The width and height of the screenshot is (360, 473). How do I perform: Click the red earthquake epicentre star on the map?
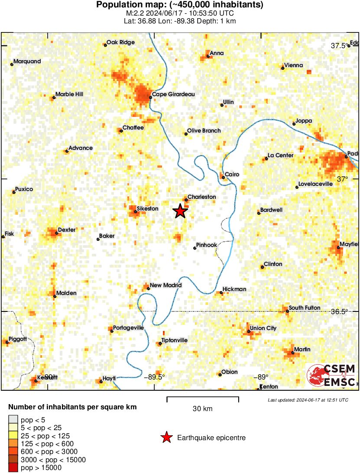point(180,211)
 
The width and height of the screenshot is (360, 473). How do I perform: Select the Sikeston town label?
point(147,209)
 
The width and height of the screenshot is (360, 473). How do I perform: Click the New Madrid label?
point(166,285)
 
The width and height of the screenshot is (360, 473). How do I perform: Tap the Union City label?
point(263,328)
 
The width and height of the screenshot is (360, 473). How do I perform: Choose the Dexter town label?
point(66,230)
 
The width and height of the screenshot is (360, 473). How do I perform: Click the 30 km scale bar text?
point(202,408)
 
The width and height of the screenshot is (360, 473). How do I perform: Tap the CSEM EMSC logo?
point(331,375)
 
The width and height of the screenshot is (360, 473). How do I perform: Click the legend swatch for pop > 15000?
point(13,467)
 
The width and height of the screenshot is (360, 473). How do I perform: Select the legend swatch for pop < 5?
point(13,419)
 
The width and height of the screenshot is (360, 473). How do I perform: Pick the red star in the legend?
point(166,438)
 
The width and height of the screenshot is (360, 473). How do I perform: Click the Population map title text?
point(179,5)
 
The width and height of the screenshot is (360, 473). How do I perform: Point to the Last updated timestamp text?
point(308,400)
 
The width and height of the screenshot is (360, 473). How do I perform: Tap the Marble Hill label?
point(69,94)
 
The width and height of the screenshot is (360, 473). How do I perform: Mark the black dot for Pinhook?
point(195,248)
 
